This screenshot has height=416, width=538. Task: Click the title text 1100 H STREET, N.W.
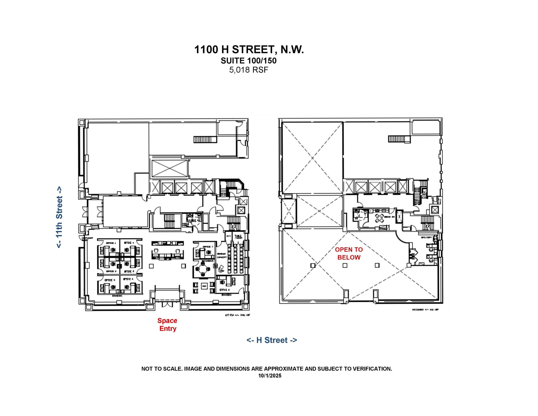(249, 49)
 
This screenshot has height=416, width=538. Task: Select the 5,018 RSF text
(249, 70)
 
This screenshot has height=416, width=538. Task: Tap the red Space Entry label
(167, 325)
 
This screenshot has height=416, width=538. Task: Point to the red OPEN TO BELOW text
(349, 253)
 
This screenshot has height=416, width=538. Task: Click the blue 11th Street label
(59, 217)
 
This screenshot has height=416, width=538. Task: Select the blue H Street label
(272, 340)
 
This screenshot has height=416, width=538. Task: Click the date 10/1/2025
(270, 376)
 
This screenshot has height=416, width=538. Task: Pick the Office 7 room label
(208, 246)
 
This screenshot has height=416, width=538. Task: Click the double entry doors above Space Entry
(167, 304)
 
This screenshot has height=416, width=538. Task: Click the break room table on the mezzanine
(379, 218)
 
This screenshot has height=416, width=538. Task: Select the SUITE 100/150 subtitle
(249, 61)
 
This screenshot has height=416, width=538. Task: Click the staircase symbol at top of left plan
(205, 139)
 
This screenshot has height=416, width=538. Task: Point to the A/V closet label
(228, 236)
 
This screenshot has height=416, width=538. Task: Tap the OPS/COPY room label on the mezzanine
(426, 237)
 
